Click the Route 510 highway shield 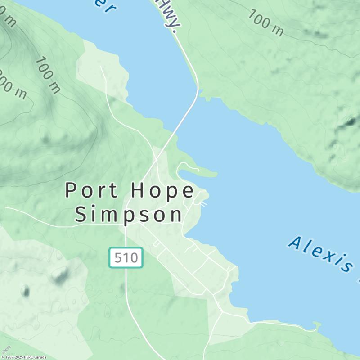pos(126,257)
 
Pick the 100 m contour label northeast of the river pos(266,22)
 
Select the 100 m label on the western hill pos(48,75)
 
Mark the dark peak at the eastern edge pos(350,121)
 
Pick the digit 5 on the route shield pos(118,258)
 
